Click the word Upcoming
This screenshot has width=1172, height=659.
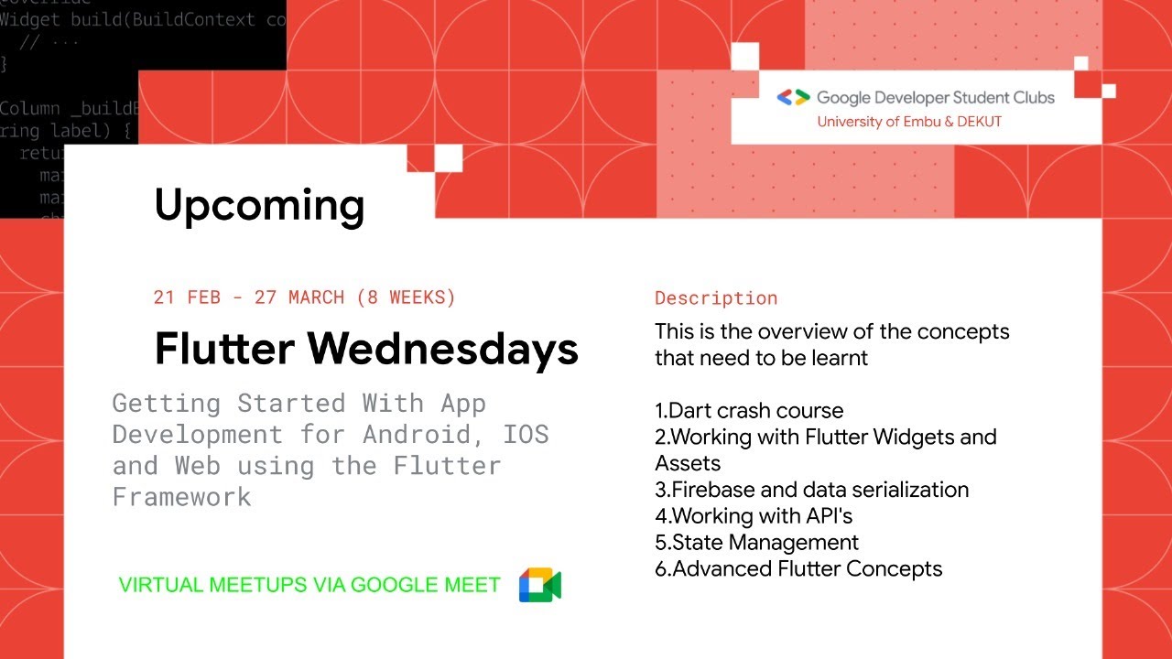coord(259,205)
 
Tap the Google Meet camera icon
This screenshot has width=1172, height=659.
coord(539,585)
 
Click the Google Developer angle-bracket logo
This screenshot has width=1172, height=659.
coord(793,97)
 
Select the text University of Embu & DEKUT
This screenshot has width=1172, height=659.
coord(909,122)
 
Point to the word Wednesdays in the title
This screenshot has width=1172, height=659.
coord(442,349)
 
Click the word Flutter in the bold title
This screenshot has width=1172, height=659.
coord(224,349)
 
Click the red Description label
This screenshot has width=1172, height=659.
coord(716,298)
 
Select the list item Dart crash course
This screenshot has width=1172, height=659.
coord(749,410)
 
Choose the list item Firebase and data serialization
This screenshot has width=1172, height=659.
coord(811,490)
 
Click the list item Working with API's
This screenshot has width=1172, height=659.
coord(754,515)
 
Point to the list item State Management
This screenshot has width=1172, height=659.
coord(756,542)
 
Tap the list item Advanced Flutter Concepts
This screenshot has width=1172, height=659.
coord(798,568)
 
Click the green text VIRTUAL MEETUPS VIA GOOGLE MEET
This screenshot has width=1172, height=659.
coord(309,585)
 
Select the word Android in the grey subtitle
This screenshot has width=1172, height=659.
coord(425,434)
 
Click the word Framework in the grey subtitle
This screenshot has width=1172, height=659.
coord(181,496)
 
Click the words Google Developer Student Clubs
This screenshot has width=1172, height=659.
coord(935,97)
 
